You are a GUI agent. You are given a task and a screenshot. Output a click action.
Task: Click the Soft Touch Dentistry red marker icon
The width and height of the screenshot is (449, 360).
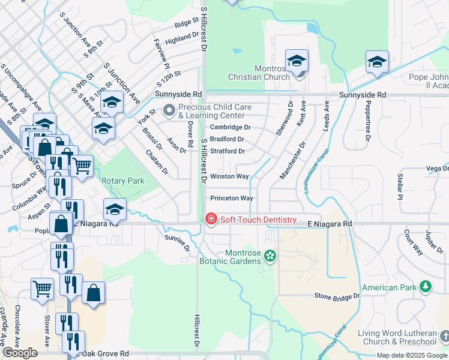point(211,220)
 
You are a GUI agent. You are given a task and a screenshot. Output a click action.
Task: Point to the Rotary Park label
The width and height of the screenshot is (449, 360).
point(122,181)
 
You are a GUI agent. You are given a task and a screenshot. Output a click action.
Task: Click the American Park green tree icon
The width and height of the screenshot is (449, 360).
point(426,286)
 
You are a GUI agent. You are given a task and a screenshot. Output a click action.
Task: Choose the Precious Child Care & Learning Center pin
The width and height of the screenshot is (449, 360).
point(169,110)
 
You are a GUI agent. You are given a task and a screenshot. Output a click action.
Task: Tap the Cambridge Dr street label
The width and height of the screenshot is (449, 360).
point(230,127)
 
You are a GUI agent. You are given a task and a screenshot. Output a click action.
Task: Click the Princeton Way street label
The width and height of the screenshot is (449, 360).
point(231,198)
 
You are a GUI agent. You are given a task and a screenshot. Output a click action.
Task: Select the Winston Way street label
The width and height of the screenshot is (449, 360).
point(229,176)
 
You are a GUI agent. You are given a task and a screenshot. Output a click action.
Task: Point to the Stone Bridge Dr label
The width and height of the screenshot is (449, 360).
point(337,296)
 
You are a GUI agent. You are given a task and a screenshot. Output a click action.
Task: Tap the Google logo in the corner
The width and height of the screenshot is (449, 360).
point(20,353)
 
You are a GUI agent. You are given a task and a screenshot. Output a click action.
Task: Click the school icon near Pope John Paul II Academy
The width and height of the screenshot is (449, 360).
point(377,62)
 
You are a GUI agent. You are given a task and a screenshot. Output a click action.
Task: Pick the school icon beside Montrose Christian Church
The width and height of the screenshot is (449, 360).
point(297,61)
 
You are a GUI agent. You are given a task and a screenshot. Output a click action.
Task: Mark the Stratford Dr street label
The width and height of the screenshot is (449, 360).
point(227,151)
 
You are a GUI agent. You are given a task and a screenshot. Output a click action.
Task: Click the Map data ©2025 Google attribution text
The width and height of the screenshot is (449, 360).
point(412,355)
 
